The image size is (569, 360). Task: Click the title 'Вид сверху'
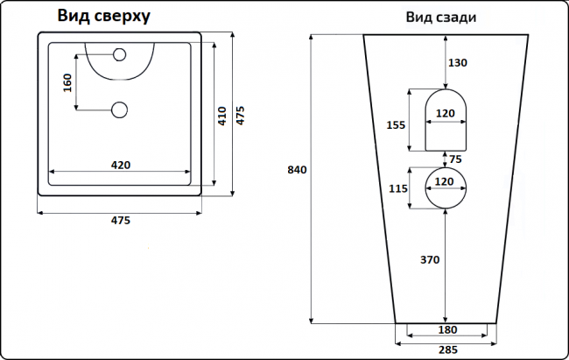coord(104,16)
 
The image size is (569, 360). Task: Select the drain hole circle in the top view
coord(120,109)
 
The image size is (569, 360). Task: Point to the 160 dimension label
coord(67,84)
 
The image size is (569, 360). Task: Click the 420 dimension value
coord(121,164)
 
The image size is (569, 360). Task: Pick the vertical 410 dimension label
coord(221,116)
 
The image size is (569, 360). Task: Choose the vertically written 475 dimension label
coord(241,116)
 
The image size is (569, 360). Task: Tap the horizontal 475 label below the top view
coord(120,220)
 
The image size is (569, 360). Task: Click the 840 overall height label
coord(298,170)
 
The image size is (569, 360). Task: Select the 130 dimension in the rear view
coord(458,62)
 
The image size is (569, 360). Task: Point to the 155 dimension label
coord(395,124)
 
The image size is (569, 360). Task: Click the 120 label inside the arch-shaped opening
coord(445,115)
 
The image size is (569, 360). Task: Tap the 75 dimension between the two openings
coord(454,159)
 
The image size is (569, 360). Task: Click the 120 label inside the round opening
coord(445,182)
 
